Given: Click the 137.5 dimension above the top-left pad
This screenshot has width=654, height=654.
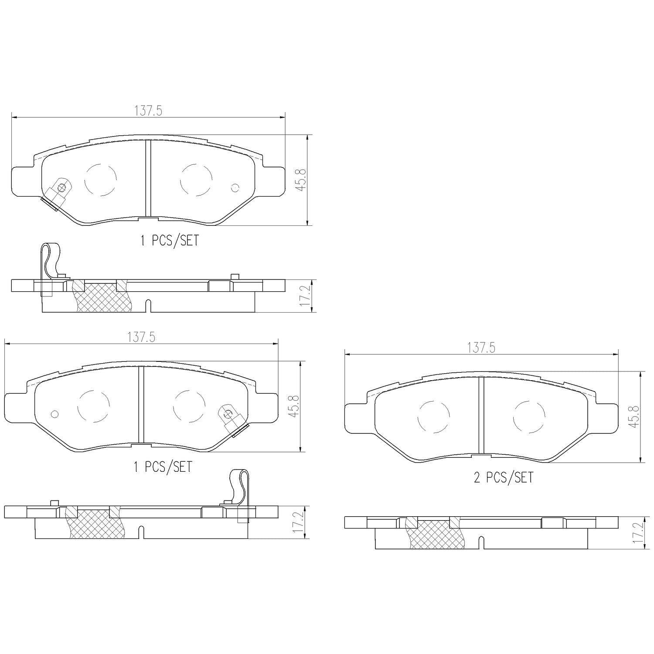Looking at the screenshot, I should (148, 111).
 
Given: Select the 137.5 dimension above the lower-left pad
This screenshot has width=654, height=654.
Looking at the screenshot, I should (141, 337).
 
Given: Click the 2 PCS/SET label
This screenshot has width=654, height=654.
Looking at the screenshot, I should (503, 478).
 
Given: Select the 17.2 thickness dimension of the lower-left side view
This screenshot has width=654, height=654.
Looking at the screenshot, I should (298, 521).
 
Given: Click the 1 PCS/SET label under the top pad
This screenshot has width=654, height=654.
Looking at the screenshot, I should (169, 241).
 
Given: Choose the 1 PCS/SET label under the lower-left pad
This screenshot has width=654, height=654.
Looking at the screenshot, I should (162, 467).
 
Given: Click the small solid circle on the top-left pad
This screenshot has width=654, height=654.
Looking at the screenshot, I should (235, 188).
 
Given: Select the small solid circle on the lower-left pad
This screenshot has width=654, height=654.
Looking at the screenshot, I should (54, 413).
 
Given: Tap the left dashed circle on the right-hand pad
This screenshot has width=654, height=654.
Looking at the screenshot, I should (433, 417).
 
